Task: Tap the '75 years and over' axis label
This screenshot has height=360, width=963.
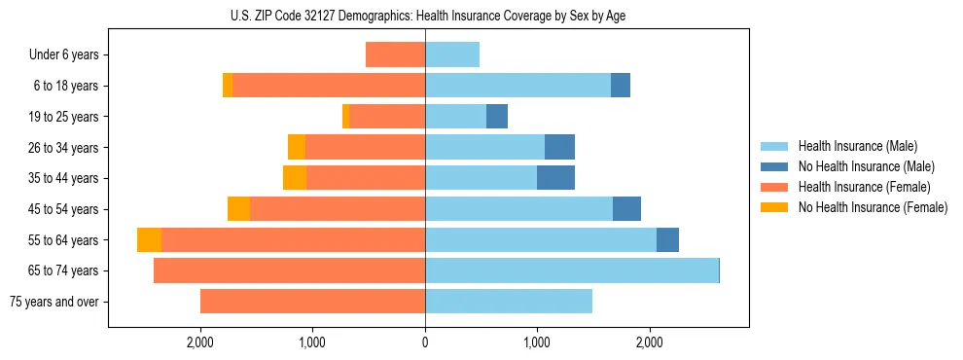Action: point(53,302)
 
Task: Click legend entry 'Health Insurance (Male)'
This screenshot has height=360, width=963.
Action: point(857,146)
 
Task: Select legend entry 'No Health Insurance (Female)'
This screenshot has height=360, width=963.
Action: point(873,207)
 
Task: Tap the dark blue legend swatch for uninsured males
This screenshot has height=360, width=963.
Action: point(775,166)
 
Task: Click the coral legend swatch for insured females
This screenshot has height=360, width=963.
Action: point(775,187)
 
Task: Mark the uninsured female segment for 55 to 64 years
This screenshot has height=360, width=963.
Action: point(149,240)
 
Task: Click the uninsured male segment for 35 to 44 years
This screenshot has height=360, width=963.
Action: point(555,178)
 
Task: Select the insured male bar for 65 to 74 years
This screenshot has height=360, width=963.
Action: point(572,270)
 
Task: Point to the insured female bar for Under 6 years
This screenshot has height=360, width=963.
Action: point(395,55)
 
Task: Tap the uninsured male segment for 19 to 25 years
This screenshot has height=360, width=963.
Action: point(497,117)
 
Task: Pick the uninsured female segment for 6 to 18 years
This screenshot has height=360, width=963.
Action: point(228,86)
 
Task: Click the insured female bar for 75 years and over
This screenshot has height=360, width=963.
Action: point(312,302)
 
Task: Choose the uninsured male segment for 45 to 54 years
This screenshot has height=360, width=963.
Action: point(626,209)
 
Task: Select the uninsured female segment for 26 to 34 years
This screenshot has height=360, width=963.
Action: point(297,147)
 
